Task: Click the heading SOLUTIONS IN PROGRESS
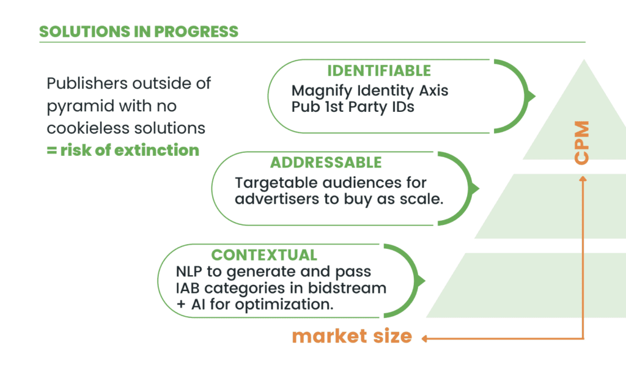pos(139,32)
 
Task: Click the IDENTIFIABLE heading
pos(379,71)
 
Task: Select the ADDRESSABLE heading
pos(326,163)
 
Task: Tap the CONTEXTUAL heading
pos(264,255)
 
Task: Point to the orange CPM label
pos(581,142)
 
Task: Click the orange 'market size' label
pos(352,336)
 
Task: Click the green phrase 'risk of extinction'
pos(130,150)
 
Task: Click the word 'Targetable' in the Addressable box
pos(276,182)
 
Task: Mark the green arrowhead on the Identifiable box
pos(529,96)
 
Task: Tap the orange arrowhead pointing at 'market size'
pos(425,339)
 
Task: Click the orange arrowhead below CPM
pos(583,179)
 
